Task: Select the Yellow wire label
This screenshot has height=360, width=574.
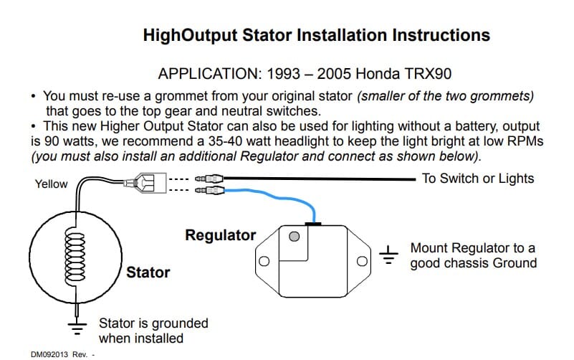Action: pos(51,184)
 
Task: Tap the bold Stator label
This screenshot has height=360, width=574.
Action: pos(148,273)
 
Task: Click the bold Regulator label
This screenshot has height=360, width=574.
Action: pos(220,235)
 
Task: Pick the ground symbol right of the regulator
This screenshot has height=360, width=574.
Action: pos(389,255)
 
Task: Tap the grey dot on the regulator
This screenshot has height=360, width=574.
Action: pos(292,236)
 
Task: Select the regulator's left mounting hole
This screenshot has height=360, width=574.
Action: pos(264,260)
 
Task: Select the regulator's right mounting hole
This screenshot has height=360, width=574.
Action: pos(362,260)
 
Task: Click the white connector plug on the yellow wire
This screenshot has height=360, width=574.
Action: pos(150,184)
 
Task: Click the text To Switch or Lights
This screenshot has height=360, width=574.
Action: pos(478,179)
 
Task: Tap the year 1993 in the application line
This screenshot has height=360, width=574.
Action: pos(281,74)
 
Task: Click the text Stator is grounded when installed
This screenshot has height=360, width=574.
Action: pos(153,331)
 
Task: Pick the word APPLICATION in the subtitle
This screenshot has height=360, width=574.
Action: pos(207,74)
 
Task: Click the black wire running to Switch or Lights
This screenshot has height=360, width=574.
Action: pos(322,179)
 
